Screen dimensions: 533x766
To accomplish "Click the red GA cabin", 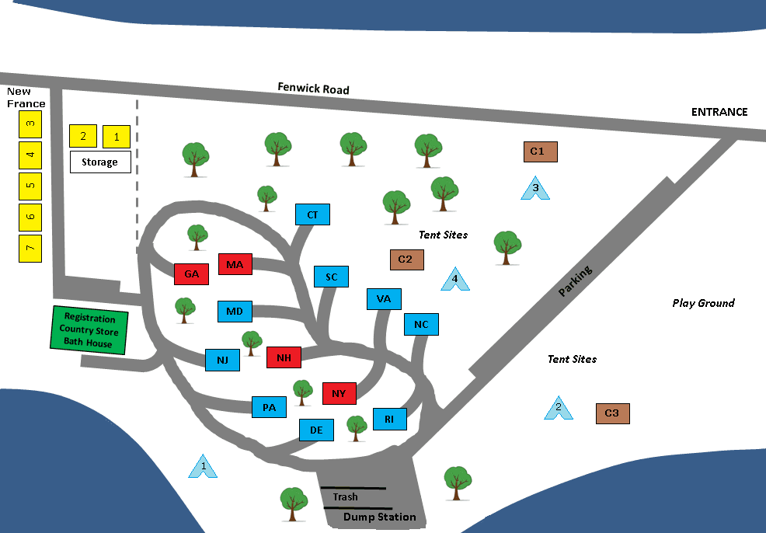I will (x=192, y=274).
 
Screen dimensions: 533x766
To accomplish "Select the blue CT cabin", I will (x=312, y=214).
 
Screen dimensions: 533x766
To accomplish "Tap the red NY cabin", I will (x=339, y=393).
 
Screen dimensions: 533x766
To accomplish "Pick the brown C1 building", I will (x=540, y=152).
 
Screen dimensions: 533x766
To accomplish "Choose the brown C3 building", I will (x=612, y=413).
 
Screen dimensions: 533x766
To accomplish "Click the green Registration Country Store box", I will (x=89, y=331).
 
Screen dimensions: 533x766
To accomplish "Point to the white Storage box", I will (x=100, y=162).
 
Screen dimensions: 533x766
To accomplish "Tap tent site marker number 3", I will (x=535, y=188).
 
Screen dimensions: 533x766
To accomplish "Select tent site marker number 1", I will (x=204, y=466).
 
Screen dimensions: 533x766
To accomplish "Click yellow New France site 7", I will (x=30, y=248).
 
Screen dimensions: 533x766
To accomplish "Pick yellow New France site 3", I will (x=30, y=123).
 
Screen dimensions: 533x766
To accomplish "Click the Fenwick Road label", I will (x=313, y=89).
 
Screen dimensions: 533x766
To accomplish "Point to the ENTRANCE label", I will (x=719, y=112).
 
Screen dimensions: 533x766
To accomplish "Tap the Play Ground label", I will (x=703, y=303).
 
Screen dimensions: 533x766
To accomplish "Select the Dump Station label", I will (x=380, y=517).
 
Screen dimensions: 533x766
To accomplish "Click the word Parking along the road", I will (x=575, y=281).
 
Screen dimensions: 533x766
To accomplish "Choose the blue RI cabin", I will (x=389, y=420).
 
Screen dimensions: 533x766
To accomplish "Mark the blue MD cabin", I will (x=235, y=312).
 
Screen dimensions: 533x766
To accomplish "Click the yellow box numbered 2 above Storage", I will (x=83, y=137).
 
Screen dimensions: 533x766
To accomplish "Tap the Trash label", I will (x=345, y=496).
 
